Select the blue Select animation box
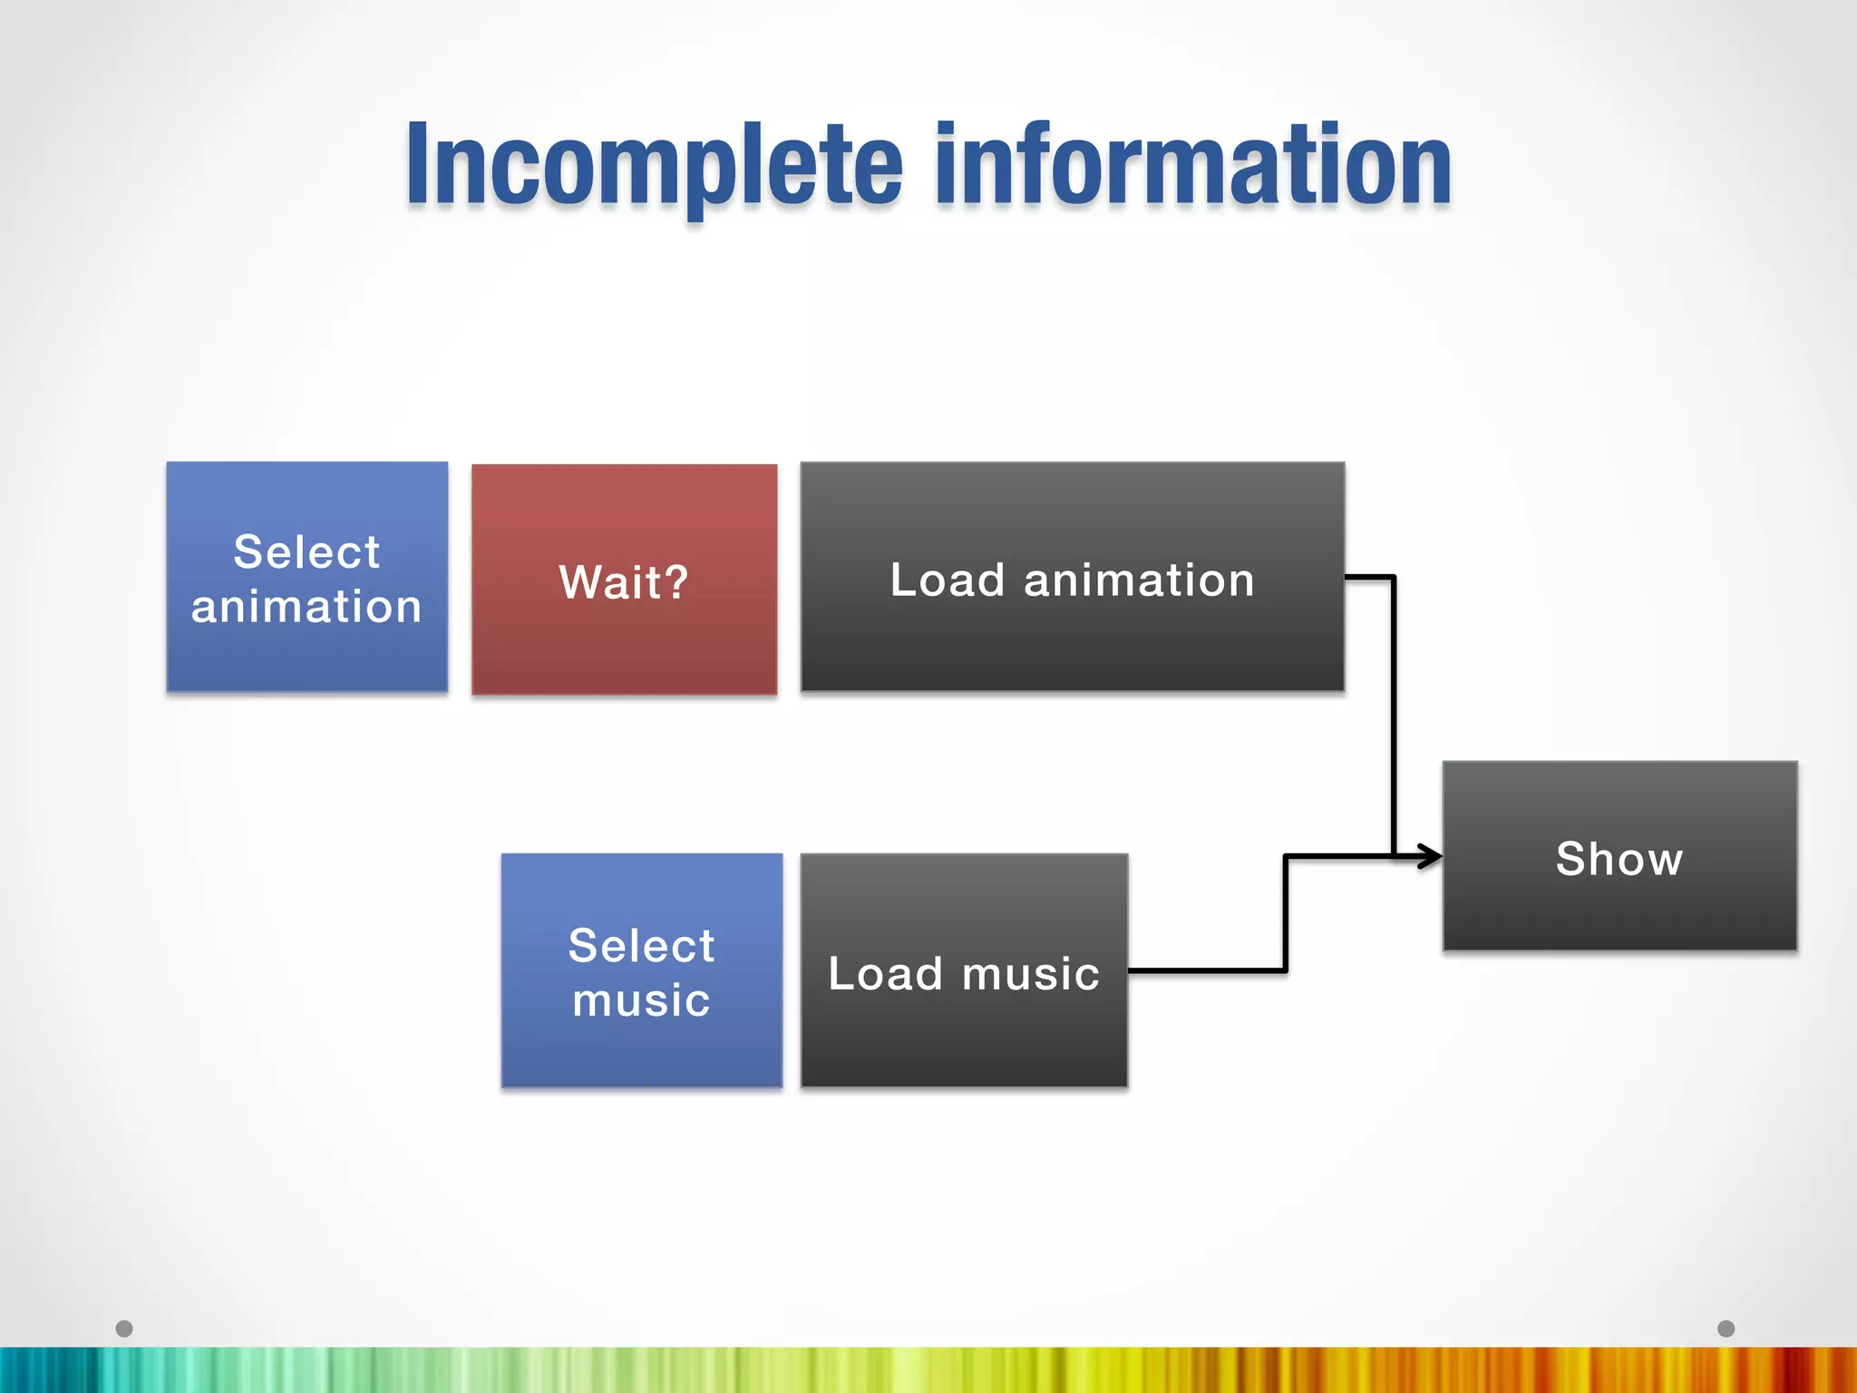306,577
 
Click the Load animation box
1072,577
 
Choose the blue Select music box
641,969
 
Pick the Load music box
964,969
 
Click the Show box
1619,855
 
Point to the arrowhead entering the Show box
1431,855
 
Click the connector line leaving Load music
1206,970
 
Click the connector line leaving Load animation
1393,707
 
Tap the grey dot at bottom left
124,1329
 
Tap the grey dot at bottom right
1726,1329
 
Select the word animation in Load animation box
1139,580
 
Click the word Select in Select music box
641,945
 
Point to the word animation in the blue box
306,606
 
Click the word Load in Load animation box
947,580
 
